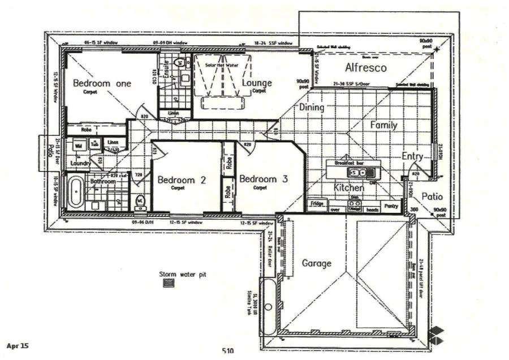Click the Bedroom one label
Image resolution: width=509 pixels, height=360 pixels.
pos(102,83)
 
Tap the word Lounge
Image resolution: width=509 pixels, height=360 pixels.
pos(257,83)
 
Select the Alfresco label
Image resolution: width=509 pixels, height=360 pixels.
pos(365,68)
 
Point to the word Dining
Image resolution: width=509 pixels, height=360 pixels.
pos(312,108)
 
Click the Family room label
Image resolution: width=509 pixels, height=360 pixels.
pos(383,125)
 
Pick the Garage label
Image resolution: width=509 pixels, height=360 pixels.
pos(316,263)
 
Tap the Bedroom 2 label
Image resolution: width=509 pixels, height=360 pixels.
pos(181,181)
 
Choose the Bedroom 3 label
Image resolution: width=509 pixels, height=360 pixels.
pos(264,179)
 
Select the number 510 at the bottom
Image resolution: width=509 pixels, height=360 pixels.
pos(228,351)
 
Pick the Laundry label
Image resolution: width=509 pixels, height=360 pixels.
pos(81,163)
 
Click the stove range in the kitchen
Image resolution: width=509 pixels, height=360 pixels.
pos(355,207)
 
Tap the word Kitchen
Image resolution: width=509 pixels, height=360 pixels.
pos(348,187)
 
